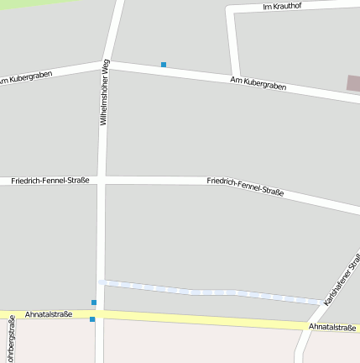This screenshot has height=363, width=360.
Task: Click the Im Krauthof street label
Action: pos(281,7)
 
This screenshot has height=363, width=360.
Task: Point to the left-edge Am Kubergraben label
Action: pos(31,78)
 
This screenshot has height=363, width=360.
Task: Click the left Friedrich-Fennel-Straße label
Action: pos(50,181)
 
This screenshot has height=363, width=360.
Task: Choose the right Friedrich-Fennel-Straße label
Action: pos(244,187)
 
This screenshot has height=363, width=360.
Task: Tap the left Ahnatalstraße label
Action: pos(49,314)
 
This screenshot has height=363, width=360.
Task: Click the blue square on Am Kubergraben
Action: pos(164,65)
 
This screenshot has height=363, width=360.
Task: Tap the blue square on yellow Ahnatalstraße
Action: pos(92,319)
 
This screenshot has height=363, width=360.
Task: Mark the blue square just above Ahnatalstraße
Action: pos(94,302)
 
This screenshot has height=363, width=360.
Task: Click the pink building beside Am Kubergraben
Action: pos(353,83)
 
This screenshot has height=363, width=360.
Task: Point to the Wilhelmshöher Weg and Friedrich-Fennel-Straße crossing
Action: pos(102,180)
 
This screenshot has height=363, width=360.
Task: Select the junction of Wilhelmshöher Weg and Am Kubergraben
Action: pos(108,64)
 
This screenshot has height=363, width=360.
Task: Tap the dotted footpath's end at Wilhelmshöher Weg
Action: pos(102,282)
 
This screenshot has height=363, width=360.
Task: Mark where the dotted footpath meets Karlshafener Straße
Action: pos(321,302)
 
